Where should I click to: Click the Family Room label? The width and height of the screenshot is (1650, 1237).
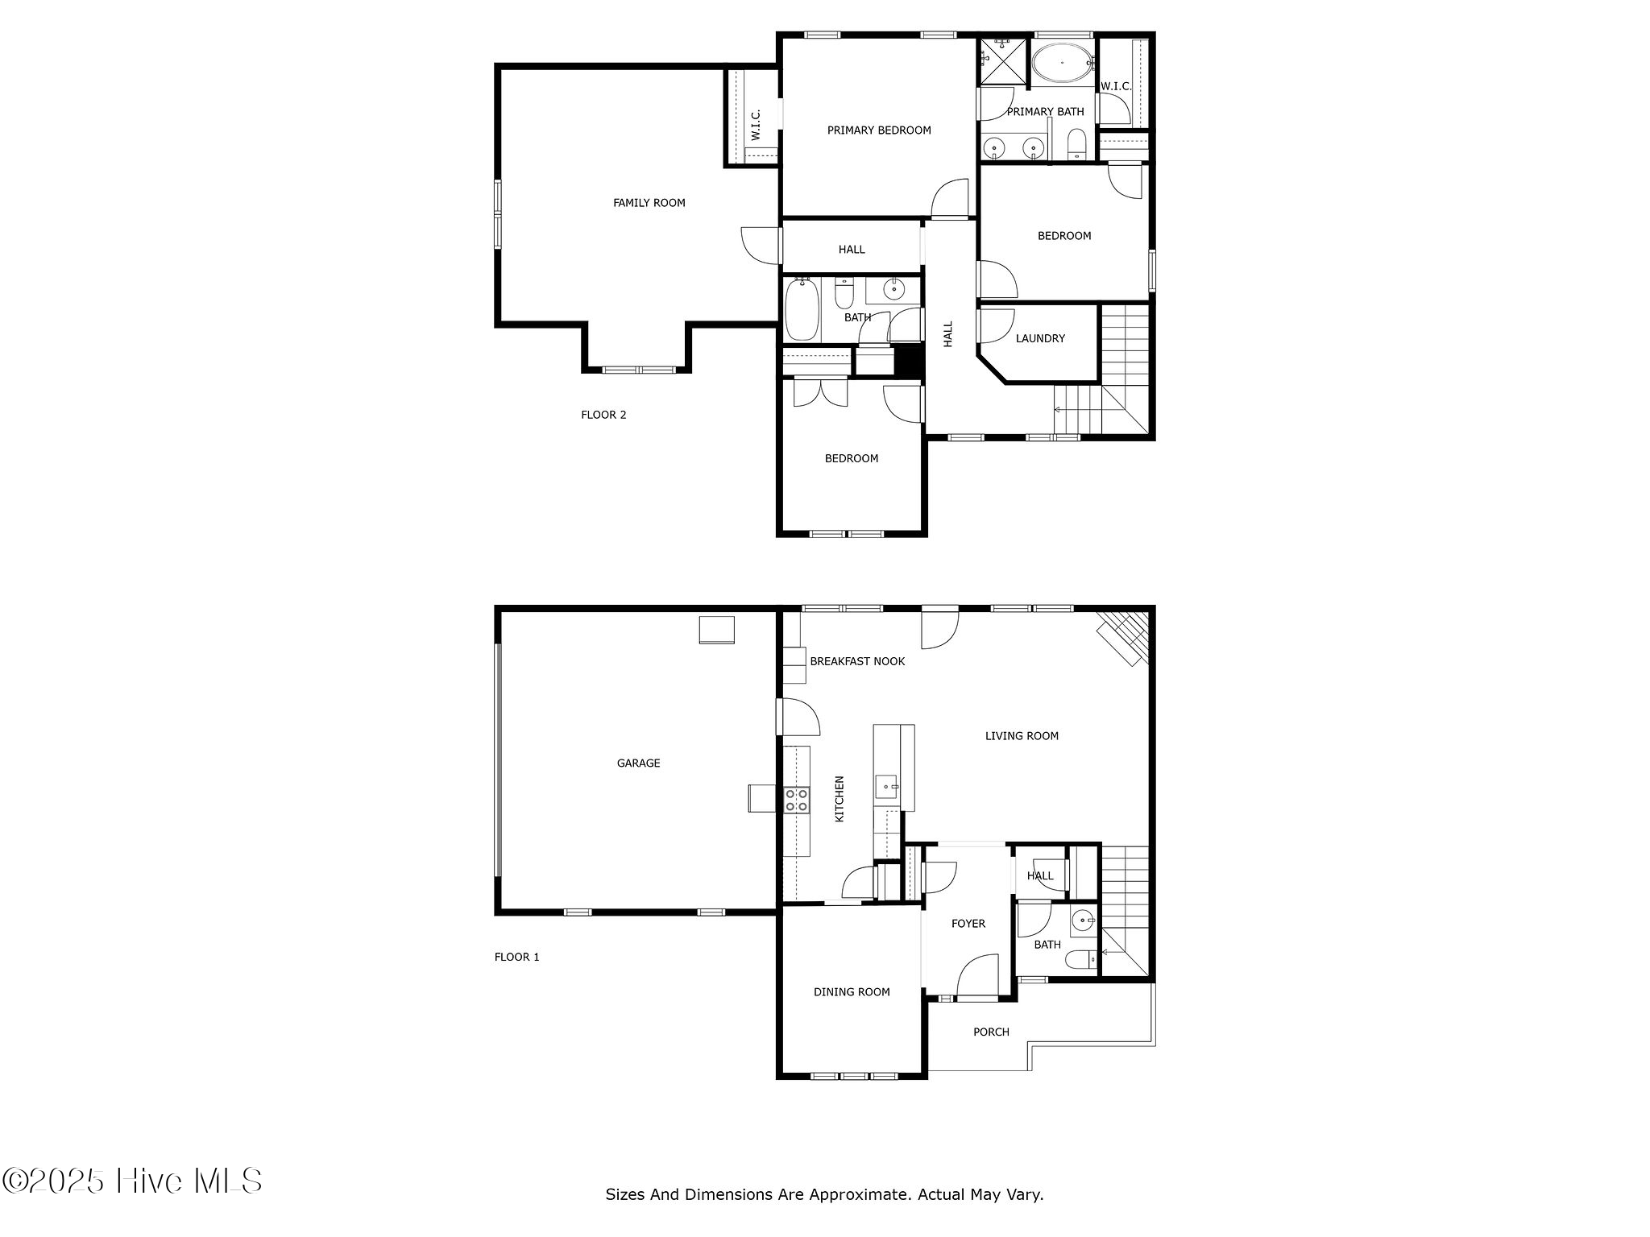coord(649,203)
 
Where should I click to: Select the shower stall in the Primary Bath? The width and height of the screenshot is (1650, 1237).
coord(1003,61)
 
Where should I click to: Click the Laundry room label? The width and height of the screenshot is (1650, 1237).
coord(1040,339)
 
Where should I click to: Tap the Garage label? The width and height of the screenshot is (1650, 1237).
coord(638,763)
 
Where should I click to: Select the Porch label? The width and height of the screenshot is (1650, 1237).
coord(991,1032)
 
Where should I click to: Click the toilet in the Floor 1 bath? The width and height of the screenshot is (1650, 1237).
coord(1080,959)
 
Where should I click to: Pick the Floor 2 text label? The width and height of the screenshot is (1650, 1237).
coord(603,416)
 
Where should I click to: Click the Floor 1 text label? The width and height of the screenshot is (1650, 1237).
coord(516,958)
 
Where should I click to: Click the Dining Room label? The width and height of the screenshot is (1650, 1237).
coord(852,992)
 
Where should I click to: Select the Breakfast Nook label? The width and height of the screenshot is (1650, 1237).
coord(857,661)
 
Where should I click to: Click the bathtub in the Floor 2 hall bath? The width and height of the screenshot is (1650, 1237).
coord(802,309)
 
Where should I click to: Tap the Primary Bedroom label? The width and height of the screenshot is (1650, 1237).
coord(879,130)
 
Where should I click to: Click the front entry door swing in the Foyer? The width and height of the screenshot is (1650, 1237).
coord(977,976)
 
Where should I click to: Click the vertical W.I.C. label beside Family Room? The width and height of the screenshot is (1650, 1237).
coord(756,125)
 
